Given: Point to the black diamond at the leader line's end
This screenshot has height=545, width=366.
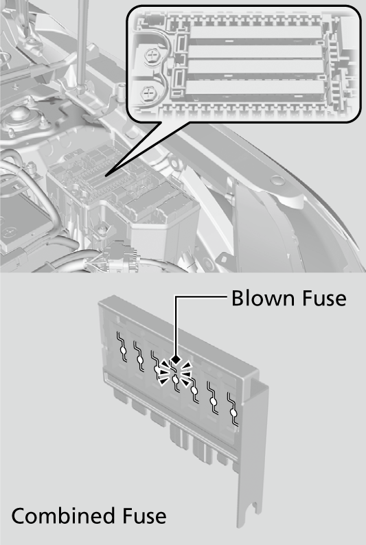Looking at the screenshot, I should [x=177, y=359].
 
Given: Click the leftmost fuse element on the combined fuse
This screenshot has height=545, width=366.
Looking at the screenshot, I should [x=123, y=349].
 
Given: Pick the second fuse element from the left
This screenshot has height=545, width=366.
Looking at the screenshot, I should [x=140, y=359].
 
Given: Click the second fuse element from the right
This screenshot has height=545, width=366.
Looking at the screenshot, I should [x=214, y=402].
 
